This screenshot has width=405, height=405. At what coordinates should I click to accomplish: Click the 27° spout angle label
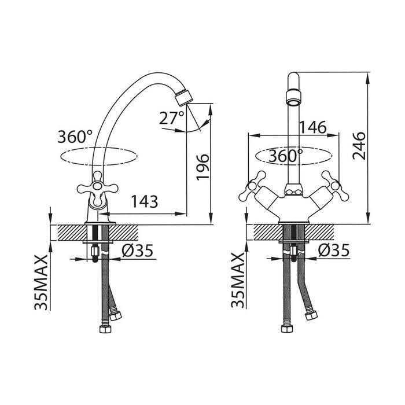click(171, 118)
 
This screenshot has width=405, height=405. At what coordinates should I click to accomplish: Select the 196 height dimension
click(203, 167)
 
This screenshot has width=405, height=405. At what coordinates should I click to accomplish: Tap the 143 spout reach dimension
click(145, 202)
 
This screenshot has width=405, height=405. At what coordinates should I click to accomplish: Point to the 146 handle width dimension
click(313, 127)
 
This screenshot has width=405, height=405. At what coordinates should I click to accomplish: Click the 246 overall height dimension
click(359, 146)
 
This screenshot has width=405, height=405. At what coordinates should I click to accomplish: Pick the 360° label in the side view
click(75, 137)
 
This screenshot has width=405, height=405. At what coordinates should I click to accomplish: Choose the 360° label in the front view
click(285, 156)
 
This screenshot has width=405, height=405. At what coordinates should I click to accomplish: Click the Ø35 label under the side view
click(138, 251)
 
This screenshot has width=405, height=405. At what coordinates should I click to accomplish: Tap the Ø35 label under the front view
click(334, 250)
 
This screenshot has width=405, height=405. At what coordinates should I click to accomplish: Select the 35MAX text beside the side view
click(41, 282)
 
